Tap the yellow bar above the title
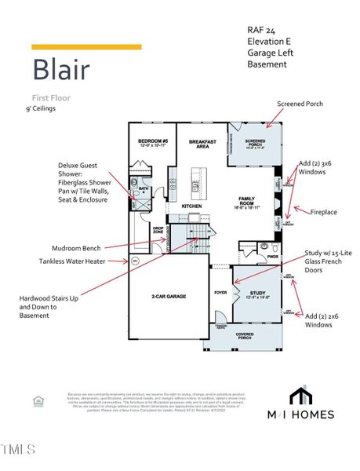75,47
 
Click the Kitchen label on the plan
192,206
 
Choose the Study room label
257,294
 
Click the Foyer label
220,293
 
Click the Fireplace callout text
324,212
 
